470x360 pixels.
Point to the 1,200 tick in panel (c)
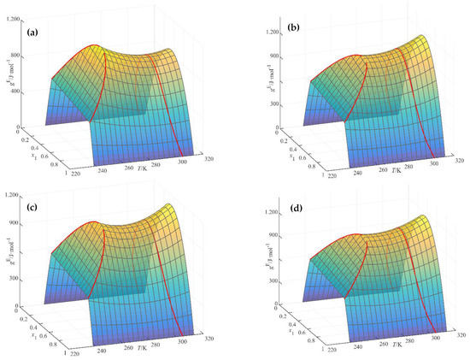(x=13, y=196)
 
